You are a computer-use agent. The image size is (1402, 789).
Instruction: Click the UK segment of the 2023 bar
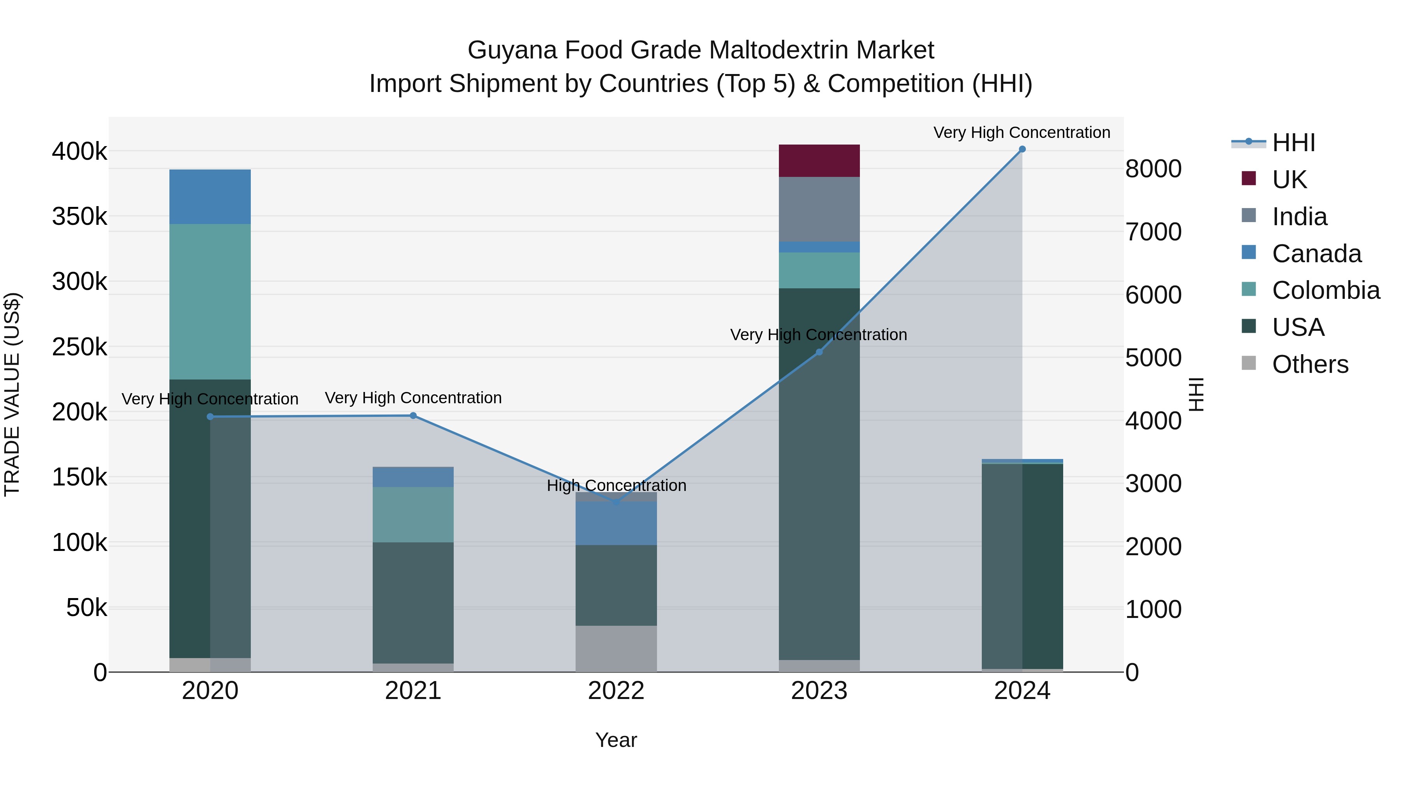coord(819,161)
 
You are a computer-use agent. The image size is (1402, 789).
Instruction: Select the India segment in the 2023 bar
coord(819,209)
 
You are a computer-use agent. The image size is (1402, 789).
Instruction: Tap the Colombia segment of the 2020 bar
coord(210,302)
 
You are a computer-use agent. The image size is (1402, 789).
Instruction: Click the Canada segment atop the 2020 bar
coord(210,197)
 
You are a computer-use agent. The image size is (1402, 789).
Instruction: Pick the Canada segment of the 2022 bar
coord(616,523)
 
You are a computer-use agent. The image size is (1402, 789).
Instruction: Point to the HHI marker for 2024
coord(1022,149)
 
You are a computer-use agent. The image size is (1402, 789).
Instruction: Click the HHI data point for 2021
coord(413,415)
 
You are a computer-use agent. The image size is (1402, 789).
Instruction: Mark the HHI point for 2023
coord(819,352)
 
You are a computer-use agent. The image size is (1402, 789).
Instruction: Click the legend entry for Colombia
coord(1326,290)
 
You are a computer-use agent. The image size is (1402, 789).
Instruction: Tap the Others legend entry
coord(1310,364)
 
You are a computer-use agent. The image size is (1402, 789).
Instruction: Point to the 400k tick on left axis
coord(79,152)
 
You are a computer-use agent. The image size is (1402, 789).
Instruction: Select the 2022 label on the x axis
coord(616,691)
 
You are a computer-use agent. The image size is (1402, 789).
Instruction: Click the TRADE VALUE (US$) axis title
coord(12,394)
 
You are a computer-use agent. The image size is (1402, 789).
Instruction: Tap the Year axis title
coord(616,740)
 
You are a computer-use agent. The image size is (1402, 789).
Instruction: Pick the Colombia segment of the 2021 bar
coord(413,515)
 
